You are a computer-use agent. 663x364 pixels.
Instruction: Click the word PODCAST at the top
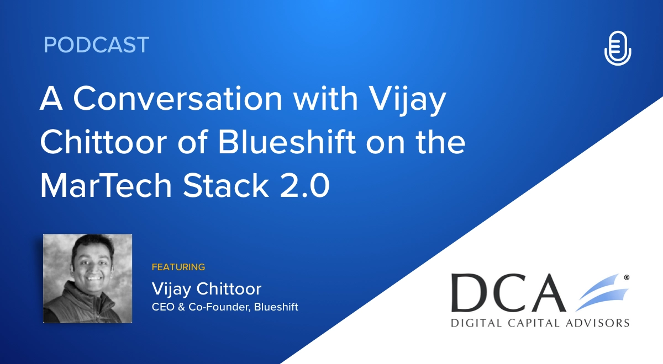(x=96, y=45)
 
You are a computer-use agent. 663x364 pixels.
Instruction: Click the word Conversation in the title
(x=177, y=99)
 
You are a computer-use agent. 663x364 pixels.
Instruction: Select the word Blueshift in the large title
(x=287, y=142)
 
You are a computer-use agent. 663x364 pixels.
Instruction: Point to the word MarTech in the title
(x=106, y=185)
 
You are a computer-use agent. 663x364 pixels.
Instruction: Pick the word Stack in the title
(x=226, y=185)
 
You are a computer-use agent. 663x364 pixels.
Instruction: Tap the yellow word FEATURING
(x=178, y=267)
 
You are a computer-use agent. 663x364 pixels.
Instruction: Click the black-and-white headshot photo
(x=88, y=279)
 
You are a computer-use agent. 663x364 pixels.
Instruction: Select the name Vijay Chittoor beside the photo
(x=207, y=288)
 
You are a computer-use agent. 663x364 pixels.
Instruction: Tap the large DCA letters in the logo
(x=508, y=292)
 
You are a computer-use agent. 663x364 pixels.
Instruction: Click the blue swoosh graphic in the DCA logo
(x=602, y=292)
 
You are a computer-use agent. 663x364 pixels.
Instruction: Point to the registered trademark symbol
(x=627, y=278)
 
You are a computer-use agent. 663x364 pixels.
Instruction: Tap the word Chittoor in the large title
(x=104, y=142)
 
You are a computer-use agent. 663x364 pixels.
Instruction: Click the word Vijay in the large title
(x=408, y=101)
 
